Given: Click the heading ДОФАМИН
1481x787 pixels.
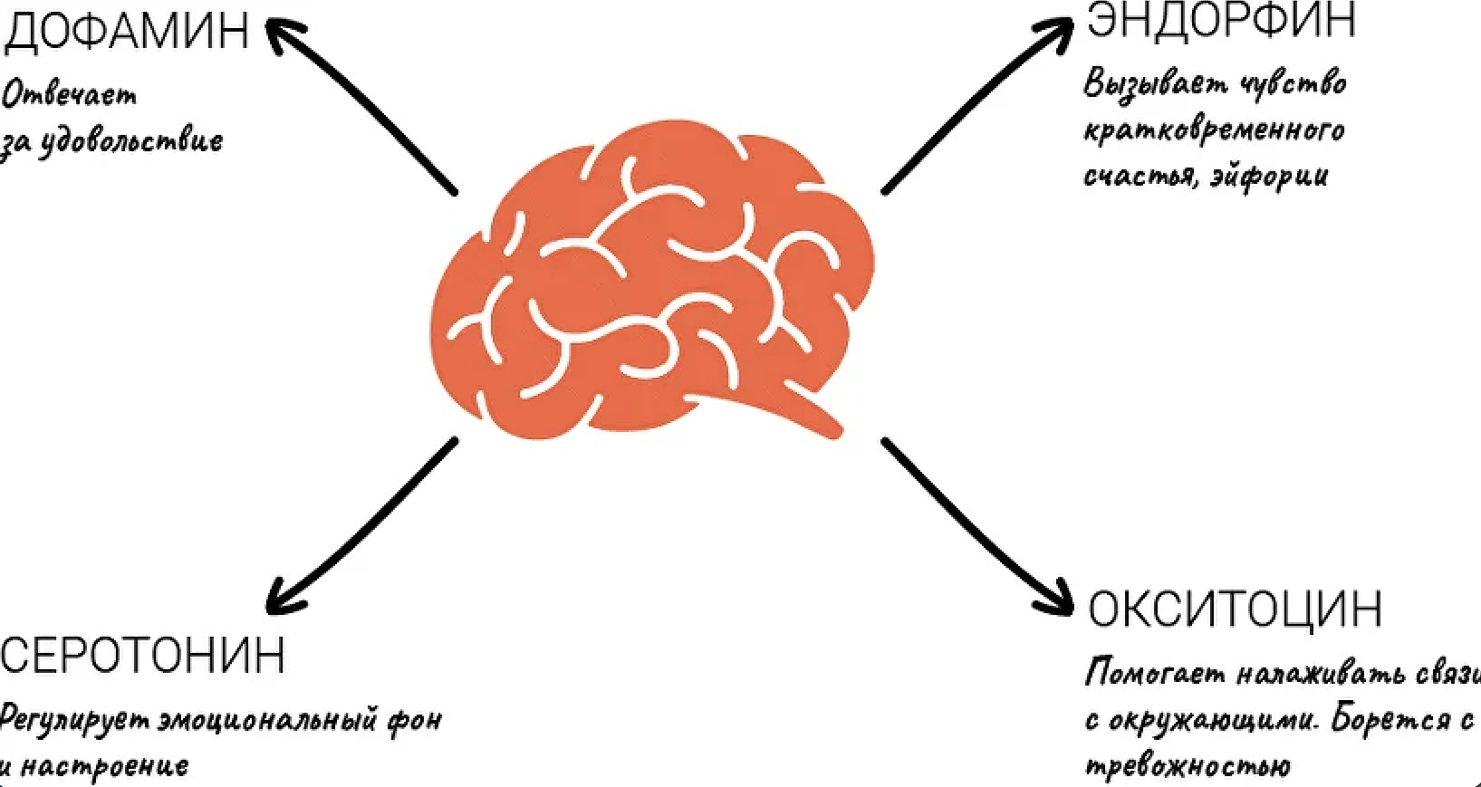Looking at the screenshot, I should (x=127, y=29).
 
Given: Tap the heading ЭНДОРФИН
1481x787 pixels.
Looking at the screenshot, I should (x=1220, y=20).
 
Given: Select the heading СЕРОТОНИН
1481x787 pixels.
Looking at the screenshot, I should (x=142, y=655).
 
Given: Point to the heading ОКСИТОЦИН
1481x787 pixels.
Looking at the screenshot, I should (x=1235, y=609).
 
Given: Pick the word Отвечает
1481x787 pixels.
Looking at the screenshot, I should (x=70, y=94).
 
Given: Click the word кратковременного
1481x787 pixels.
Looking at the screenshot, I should (x=1214, y=130).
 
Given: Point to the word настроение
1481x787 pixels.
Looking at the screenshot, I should (x=104, y=766).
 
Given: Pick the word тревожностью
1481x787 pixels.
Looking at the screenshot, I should (x=1188, y=766).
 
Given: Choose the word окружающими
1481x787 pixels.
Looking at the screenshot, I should (x=1214, y=721).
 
